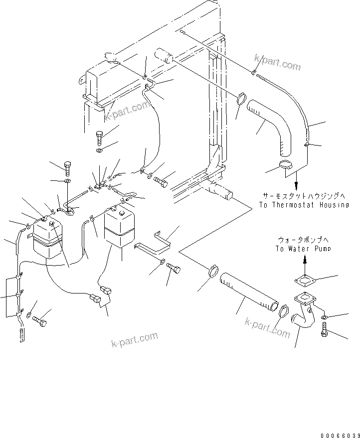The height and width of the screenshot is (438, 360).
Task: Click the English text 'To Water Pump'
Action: coord(303,248)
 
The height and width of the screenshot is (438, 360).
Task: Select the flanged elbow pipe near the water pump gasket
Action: coord(303,314)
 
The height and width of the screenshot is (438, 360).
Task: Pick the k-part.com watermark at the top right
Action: coord(277,63)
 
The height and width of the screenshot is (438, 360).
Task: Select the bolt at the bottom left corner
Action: coord(41,322)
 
